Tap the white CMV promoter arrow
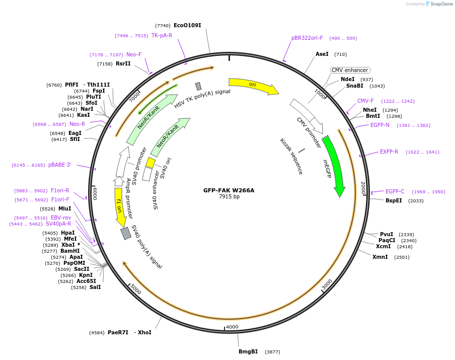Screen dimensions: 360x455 [307, 114]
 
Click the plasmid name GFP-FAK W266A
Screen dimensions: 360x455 [229, 190]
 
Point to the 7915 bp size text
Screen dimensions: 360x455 [229, 196]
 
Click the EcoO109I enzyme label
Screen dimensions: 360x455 [187, 25]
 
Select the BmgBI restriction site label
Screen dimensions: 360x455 [248, 351]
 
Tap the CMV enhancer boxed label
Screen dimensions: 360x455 [350, 70]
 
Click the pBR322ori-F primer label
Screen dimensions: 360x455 [307, 38]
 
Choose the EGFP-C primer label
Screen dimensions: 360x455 [395, 191]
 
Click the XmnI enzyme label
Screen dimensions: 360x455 [380, 257]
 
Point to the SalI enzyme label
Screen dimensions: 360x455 [95, 287]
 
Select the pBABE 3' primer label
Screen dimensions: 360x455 [60, 165]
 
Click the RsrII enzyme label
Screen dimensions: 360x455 [123, 63]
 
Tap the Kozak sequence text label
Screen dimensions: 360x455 [291, 156]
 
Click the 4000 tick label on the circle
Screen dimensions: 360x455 [232, 327]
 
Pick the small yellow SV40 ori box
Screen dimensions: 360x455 [150, 163]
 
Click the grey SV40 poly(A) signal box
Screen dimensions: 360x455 [125, 233]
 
